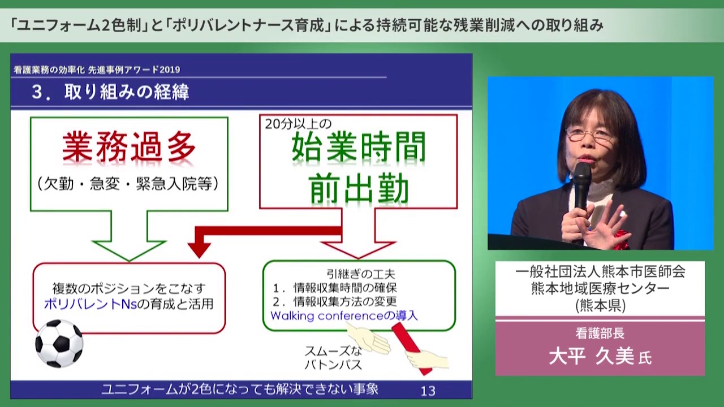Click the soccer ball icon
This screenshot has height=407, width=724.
click(x=59, y=343)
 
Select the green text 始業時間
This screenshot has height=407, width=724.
click(x=359, y=149)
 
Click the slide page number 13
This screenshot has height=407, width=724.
click(x=428, y=390)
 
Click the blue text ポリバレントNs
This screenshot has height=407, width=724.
click(x=90, y=304)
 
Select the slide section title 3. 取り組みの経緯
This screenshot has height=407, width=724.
click(x=110, y=92)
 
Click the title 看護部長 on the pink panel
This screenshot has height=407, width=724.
click(x=600, y=333)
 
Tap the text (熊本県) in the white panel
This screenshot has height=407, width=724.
click(x=600, y=305)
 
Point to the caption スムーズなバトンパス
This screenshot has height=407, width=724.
click(x=333, y=358)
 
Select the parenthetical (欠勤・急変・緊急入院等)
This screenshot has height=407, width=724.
click(x=128, y=184)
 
